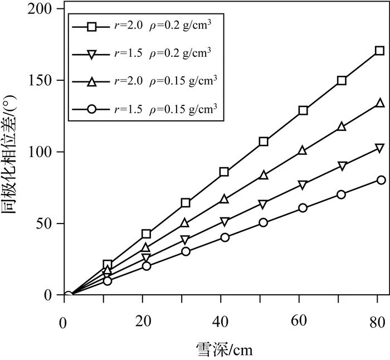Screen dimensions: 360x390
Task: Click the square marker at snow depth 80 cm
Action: click(x=379, y=51)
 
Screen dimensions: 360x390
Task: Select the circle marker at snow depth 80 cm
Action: click(x=381, y=180)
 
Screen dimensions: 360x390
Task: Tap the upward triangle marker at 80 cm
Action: click(x=381, y=103)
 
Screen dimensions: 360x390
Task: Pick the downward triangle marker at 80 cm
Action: click(x=380, y=148)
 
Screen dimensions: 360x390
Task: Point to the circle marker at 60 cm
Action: click(x=303, y=208)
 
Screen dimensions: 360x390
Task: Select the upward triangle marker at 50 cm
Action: click(x=264, y=176)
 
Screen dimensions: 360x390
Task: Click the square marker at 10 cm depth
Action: click(x=108, y=264)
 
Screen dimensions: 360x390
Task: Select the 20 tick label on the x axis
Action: click(x=144, y=322)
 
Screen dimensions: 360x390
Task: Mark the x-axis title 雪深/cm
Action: click(x=223, y=349)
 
